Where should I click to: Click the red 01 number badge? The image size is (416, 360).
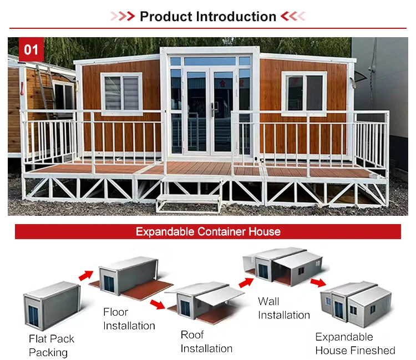[31, 49]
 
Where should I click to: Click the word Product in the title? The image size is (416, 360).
[166, 17]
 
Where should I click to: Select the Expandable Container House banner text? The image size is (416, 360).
[208, 232]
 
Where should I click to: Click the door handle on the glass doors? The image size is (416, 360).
[213, 109]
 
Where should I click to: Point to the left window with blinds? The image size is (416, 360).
[121, 94]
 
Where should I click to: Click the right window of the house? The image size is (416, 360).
[304, 93]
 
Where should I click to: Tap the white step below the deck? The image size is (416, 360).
[189, 203]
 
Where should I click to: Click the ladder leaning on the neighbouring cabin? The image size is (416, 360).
[47, 90]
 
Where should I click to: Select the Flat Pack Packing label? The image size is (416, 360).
[52, 346]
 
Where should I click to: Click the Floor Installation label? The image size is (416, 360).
[129, 318]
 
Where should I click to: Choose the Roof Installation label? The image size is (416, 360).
[206, 342]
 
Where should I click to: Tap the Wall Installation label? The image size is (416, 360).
[284, 308]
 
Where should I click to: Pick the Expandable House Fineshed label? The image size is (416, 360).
[355, 343]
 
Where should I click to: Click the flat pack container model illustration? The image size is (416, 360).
[52, 306]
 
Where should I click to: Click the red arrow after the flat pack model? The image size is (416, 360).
[86, 275]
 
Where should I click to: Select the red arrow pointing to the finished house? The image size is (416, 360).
[318, 282]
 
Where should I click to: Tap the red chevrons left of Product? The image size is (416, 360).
[123, 16]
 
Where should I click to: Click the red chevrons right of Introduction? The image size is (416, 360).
[293, 16]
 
